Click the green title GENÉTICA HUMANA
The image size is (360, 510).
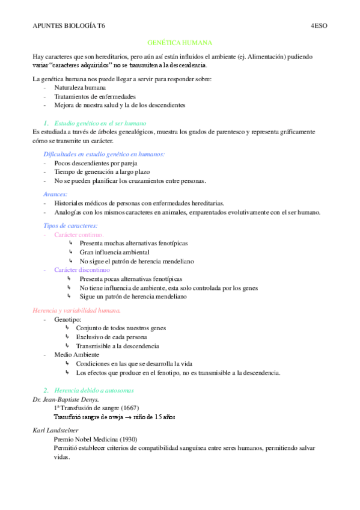pos(180,43)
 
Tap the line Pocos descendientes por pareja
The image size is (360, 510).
pos(96,163)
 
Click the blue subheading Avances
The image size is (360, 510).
pos(55,194)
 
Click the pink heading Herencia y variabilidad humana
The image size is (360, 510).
pos(76,310)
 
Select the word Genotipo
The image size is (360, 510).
pos(67,319)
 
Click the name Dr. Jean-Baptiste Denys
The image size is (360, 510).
pos(66,399)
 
